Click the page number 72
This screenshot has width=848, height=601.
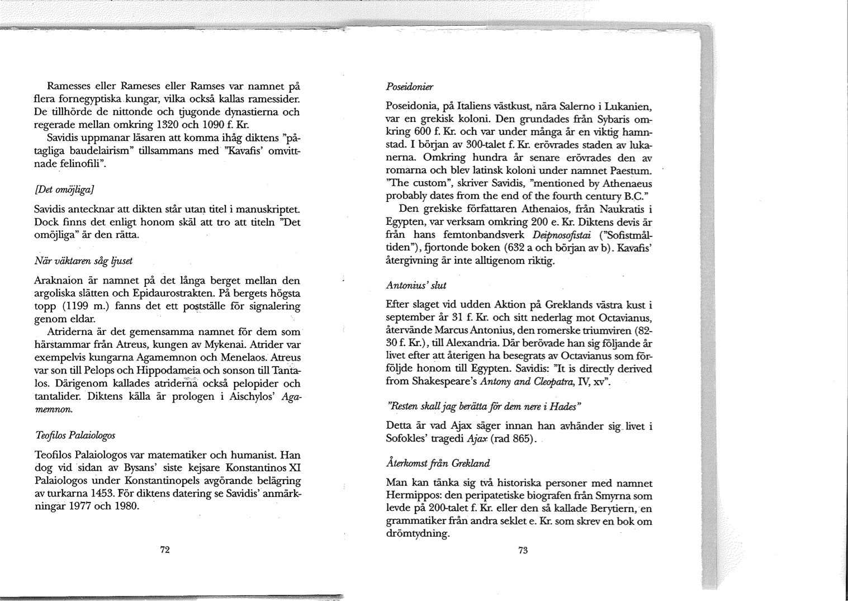point(165,550)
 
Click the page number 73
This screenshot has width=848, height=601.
point(523,550)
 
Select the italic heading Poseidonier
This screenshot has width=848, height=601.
point(410,87)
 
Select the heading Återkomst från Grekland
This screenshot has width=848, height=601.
point(438,463)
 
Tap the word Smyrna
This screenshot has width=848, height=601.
point(615,496)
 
